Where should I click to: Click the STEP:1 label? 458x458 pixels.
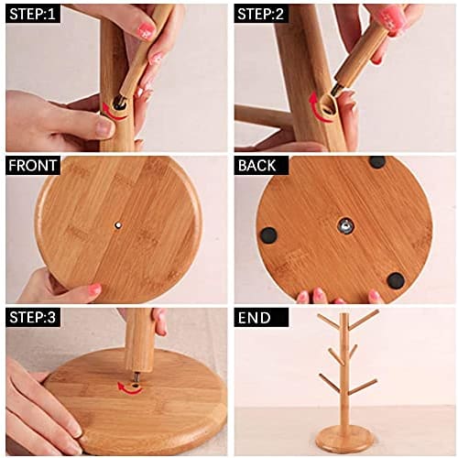coord(33,14)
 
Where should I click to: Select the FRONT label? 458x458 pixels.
coord(33,166)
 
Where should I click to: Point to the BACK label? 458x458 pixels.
coord(260,166)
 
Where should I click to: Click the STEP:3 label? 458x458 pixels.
coord(33,318)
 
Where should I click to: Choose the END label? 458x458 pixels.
coord(256,318)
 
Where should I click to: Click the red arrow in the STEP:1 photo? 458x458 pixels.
coord(114,111)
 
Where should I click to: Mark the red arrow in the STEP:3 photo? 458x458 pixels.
coord(131,388)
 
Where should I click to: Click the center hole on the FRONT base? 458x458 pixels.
coord(118,223)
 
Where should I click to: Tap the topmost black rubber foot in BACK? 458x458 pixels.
coord(376,162)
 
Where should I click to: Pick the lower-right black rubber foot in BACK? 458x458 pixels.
coord(395,279)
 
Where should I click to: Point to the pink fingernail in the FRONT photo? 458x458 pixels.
coord(94,289)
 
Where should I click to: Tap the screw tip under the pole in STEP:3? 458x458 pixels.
coord(136,376)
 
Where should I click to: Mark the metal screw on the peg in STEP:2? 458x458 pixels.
coord(338,89)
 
